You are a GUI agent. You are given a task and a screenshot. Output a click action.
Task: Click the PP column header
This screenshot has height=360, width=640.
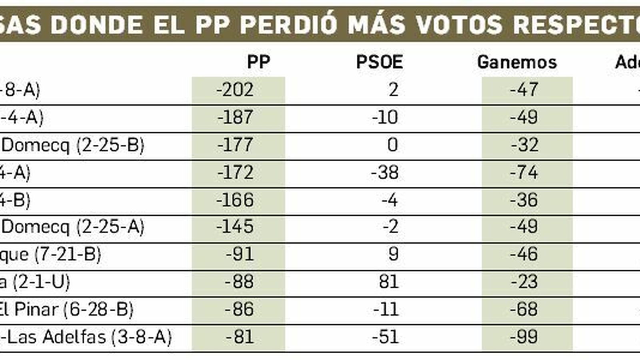coord(258,62)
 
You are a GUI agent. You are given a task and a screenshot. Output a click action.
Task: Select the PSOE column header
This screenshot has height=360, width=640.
coord(379,62)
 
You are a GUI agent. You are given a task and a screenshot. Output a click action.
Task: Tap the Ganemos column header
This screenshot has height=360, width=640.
coord(517,62)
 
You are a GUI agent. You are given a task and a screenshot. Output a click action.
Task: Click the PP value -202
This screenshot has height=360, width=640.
coord(235,90)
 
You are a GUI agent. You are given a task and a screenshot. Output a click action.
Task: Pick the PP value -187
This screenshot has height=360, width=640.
coord(235,117)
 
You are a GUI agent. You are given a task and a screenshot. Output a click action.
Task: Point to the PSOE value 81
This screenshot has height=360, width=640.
coord(388,282)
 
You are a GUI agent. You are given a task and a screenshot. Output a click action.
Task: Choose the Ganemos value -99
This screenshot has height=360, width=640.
coord(524,337)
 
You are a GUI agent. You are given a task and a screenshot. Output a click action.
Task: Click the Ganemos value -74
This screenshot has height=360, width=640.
coord(524,172)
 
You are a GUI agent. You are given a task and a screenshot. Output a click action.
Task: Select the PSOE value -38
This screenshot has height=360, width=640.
coord(385,172)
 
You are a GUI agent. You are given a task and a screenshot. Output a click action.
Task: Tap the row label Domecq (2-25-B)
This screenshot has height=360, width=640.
coord(73,145)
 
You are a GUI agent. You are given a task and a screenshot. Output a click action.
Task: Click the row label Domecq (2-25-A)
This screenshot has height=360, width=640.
coord(73,227)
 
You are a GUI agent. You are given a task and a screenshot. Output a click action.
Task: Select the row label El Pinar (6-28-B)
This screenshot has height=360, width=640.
coord(66,310)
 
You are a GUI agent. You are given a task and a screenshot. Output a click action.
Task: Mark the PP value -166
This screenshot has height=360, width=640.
coord(235,200)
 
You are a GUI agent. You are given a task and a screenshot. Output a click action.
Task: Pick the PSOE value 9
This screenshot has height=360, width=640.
coord(393,254)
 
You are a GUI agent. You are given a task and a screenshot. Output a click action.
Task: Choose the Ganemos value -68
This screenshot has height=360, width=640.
coord(524,310)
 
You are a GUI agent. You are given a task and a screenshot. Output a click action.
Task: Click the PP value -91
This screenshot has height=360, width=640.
coord(239,254)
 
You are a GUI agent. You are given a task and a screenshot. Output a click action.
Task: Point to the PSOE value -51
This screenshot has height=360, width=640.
coord(385,337)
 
